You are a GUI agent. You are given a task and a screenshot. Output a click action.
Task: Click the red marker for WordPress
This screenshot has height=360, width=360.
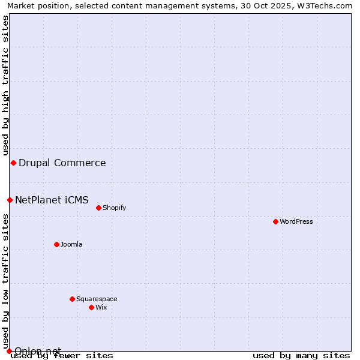click(275, 221)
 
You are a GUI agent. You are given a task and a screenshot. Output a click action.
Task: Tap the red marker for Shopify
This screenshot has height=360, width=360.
click(98, 208)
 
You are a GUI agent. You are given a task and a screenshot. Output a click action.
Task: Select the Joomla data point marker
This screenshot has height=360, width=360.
click(56, 244)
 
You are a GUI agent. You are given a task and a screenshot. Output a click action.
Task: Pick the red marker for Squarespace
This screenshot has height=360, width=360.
click(72, 299)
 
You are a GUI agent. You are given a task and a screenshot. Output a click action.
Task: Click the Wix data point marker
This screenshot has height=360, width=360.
click(91, 307)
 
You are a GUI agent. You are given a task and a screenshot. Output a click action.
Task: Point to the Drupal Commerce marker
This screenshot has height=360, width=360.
click(13, 163)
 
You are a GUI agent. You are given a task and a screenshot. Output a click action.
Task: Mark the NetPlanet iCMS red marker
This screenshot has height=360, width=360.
click(10, 200)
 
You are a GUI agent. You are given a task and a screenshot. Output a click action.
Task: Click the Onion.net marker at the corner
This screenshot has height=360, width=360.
click(9, 351)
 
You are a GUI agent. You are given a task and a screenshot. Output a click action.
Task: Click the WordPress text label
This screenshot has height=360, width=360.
click(296, 221)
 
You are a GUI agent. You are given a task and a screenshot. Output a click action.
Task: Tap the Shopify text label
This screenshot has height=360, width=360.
click(114, 208)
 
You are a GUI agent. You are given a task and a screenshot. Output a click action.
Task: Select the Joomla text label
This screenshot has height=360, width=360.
click(71, 244)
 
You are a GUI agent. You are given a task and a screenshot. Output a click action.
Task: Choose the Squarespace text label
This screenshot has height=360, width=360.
click(97, 299)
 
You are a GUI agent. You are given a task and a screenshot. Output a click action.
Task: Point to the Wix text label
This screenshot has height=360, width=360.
click(101, 307)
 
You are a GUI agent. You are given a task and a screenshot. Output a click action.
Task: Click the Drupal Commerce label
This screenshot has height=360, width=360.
click(62, 163)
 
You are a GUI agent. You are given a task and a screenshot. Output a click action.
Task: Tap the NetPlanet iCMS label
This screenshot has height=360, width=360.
click(52, 200)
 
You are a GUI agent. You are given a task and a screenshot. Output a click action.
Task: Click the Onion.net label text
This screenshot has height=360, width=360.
click(38, 350)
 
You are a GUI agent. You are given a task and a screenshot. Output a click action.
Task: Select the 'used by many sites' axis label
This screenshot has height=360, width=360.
click(301, 355)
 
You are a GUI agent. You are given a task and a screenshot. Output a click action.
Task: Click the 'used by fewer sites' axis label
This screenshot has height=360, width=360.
click(62, 355)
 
